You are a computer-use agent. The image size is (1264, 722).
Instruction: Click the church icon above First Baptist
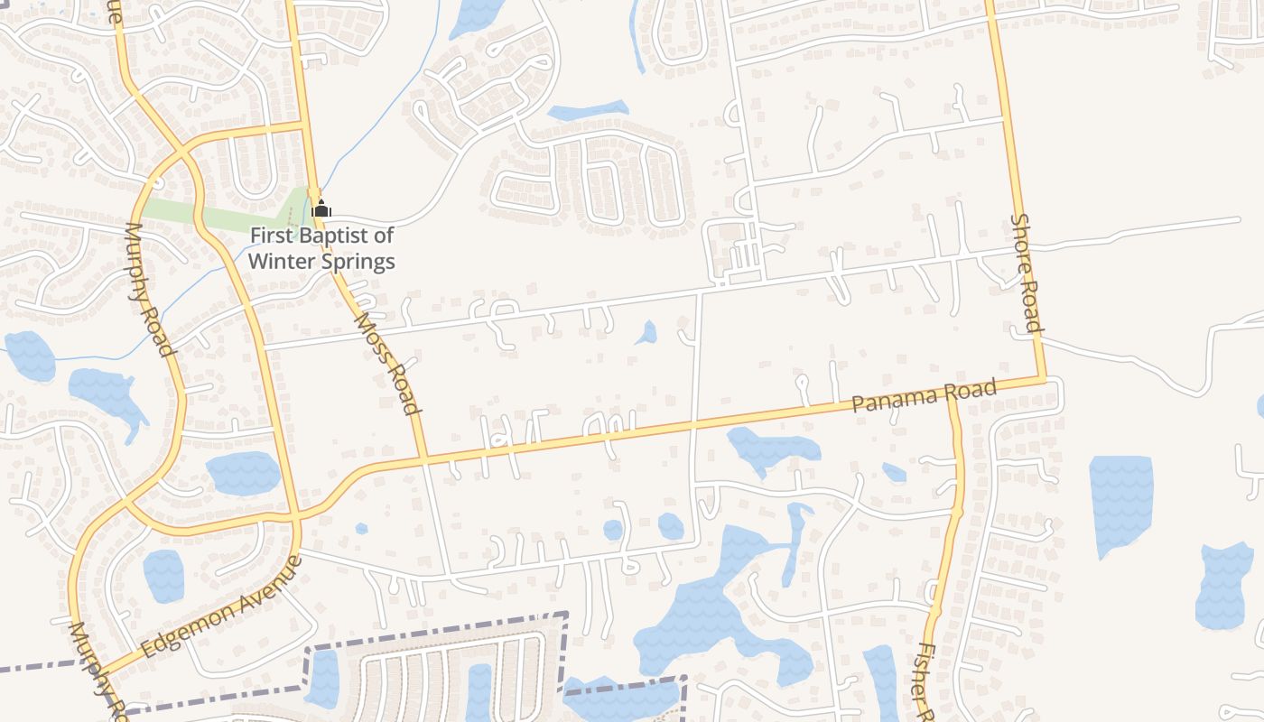pyautogui.click(x=321, y=209)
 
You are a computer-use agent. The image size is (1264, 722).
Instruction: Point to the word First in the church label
pyautogui.click(x=271, y=236)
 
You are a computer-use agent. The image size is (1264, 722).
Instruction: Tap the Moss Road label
pyautogui.click(x=388, y=363)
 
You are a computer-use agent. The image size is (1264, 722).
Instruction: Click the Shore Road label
pyautogui.click(x=1027, y=273)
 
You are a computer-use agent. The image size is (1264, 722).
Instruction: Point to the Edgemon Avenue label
pyautogui.click(x=220, y=606)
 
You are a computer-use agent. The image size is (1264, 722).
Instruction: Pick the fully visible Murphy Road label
pyautogui.click(x=149, y=289)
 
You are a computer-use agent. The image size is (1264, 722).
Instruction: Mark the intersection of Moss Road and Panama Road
pyautogui.click(x=423, y=459)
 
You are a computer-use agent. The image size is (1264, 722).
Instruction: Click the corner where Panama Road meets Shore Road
pyautogui.click(x=1045, y=379)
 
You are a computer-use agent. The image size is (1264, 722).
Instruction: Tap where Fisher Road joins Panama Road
pyautogui.click(x=951, y=394)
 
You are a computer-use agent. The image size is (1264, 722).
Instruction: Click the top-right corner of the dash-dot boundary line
pyautogui.click(x=566, y=615)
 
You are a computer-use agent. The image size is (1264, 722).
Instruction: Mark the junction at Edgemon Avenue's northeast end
pyautogui.click(x=296, y=517)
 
